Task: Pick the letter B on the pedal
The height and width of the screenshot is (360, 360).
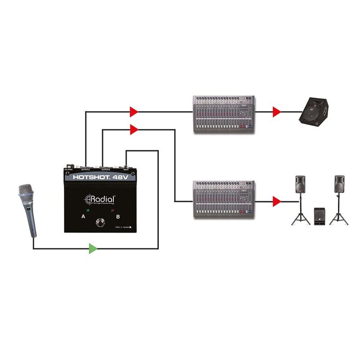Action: point(118,217)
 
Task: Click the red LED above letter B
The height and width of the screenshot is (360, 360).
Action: point(112,210)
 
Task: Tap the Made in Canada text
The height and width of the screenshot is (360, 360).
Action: point(123,228)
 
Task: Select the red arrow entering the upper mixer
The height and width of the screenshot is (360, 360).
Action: point(134,111)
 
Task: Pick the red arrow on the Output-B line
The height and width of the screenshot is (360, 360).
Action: point(134,130)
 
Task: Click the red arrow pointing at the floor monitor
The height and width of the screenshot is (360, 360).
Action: point(277,112)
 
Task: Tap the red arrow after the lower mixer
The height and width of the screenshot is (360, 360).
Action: point(277,201)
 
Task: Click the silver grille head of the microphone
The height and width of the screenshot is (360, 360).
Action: point(26,193)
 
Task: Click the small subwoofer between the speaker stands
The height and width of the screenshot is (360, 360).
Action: point(320,216)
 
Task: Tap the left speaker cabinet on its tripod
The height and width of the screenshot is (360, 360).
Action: point(301,185)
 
